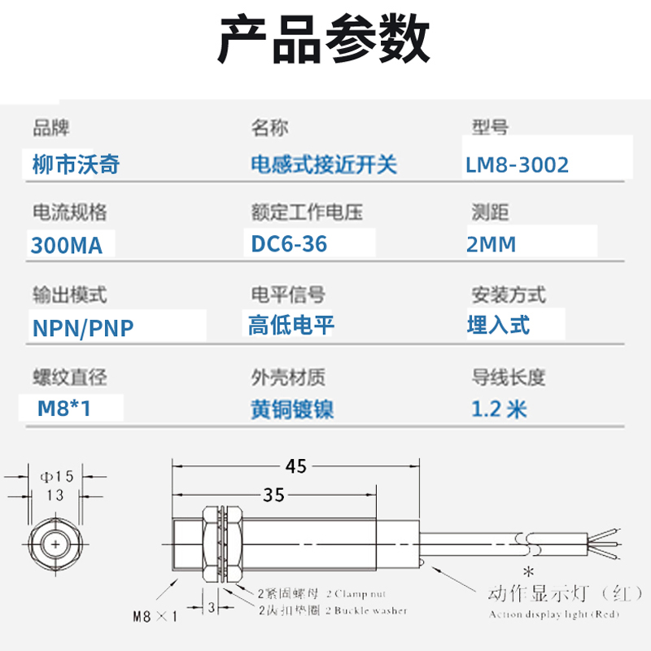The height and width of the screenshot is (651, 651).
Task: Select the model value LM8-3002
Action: pos(517,165)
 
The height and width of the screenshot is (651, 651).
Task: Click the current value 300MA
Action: pos(67,245)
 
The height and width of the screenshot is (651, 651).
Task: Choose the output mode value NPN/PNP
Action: pos(82,328)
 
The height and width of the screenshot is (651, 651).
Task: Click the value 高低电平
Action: pos(291,326)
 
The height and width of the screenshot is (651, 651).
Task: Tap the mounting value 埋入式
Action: pos(498,325)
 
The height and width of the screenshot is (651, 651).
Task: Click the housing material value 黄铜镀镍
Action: pos(292,409)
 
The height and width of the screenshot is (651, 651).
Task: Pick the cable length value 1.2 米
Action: pos(499,408)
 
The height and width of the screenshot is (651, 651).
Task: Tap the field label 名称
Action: pos(269,128)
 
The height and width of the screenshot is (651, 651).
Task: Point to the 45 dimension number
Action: pos(295,466)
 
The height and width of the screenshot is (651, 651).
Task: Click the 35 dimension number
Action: pos(274,494)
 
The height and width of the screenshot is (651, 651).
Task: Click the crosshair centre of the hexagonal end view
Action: pos(55,544)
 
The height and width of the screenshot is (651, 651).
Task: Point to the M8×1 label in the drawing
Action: pos(155,616)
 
